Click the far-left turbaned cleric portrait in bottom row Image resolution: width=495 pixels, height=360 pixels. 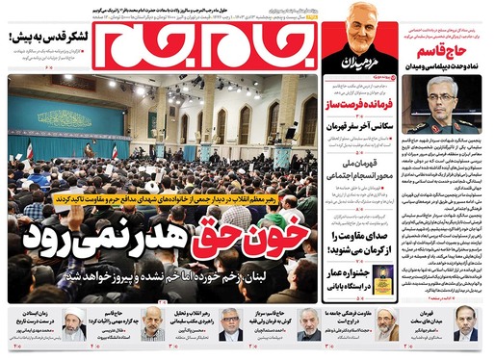(x=74, y=324)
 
